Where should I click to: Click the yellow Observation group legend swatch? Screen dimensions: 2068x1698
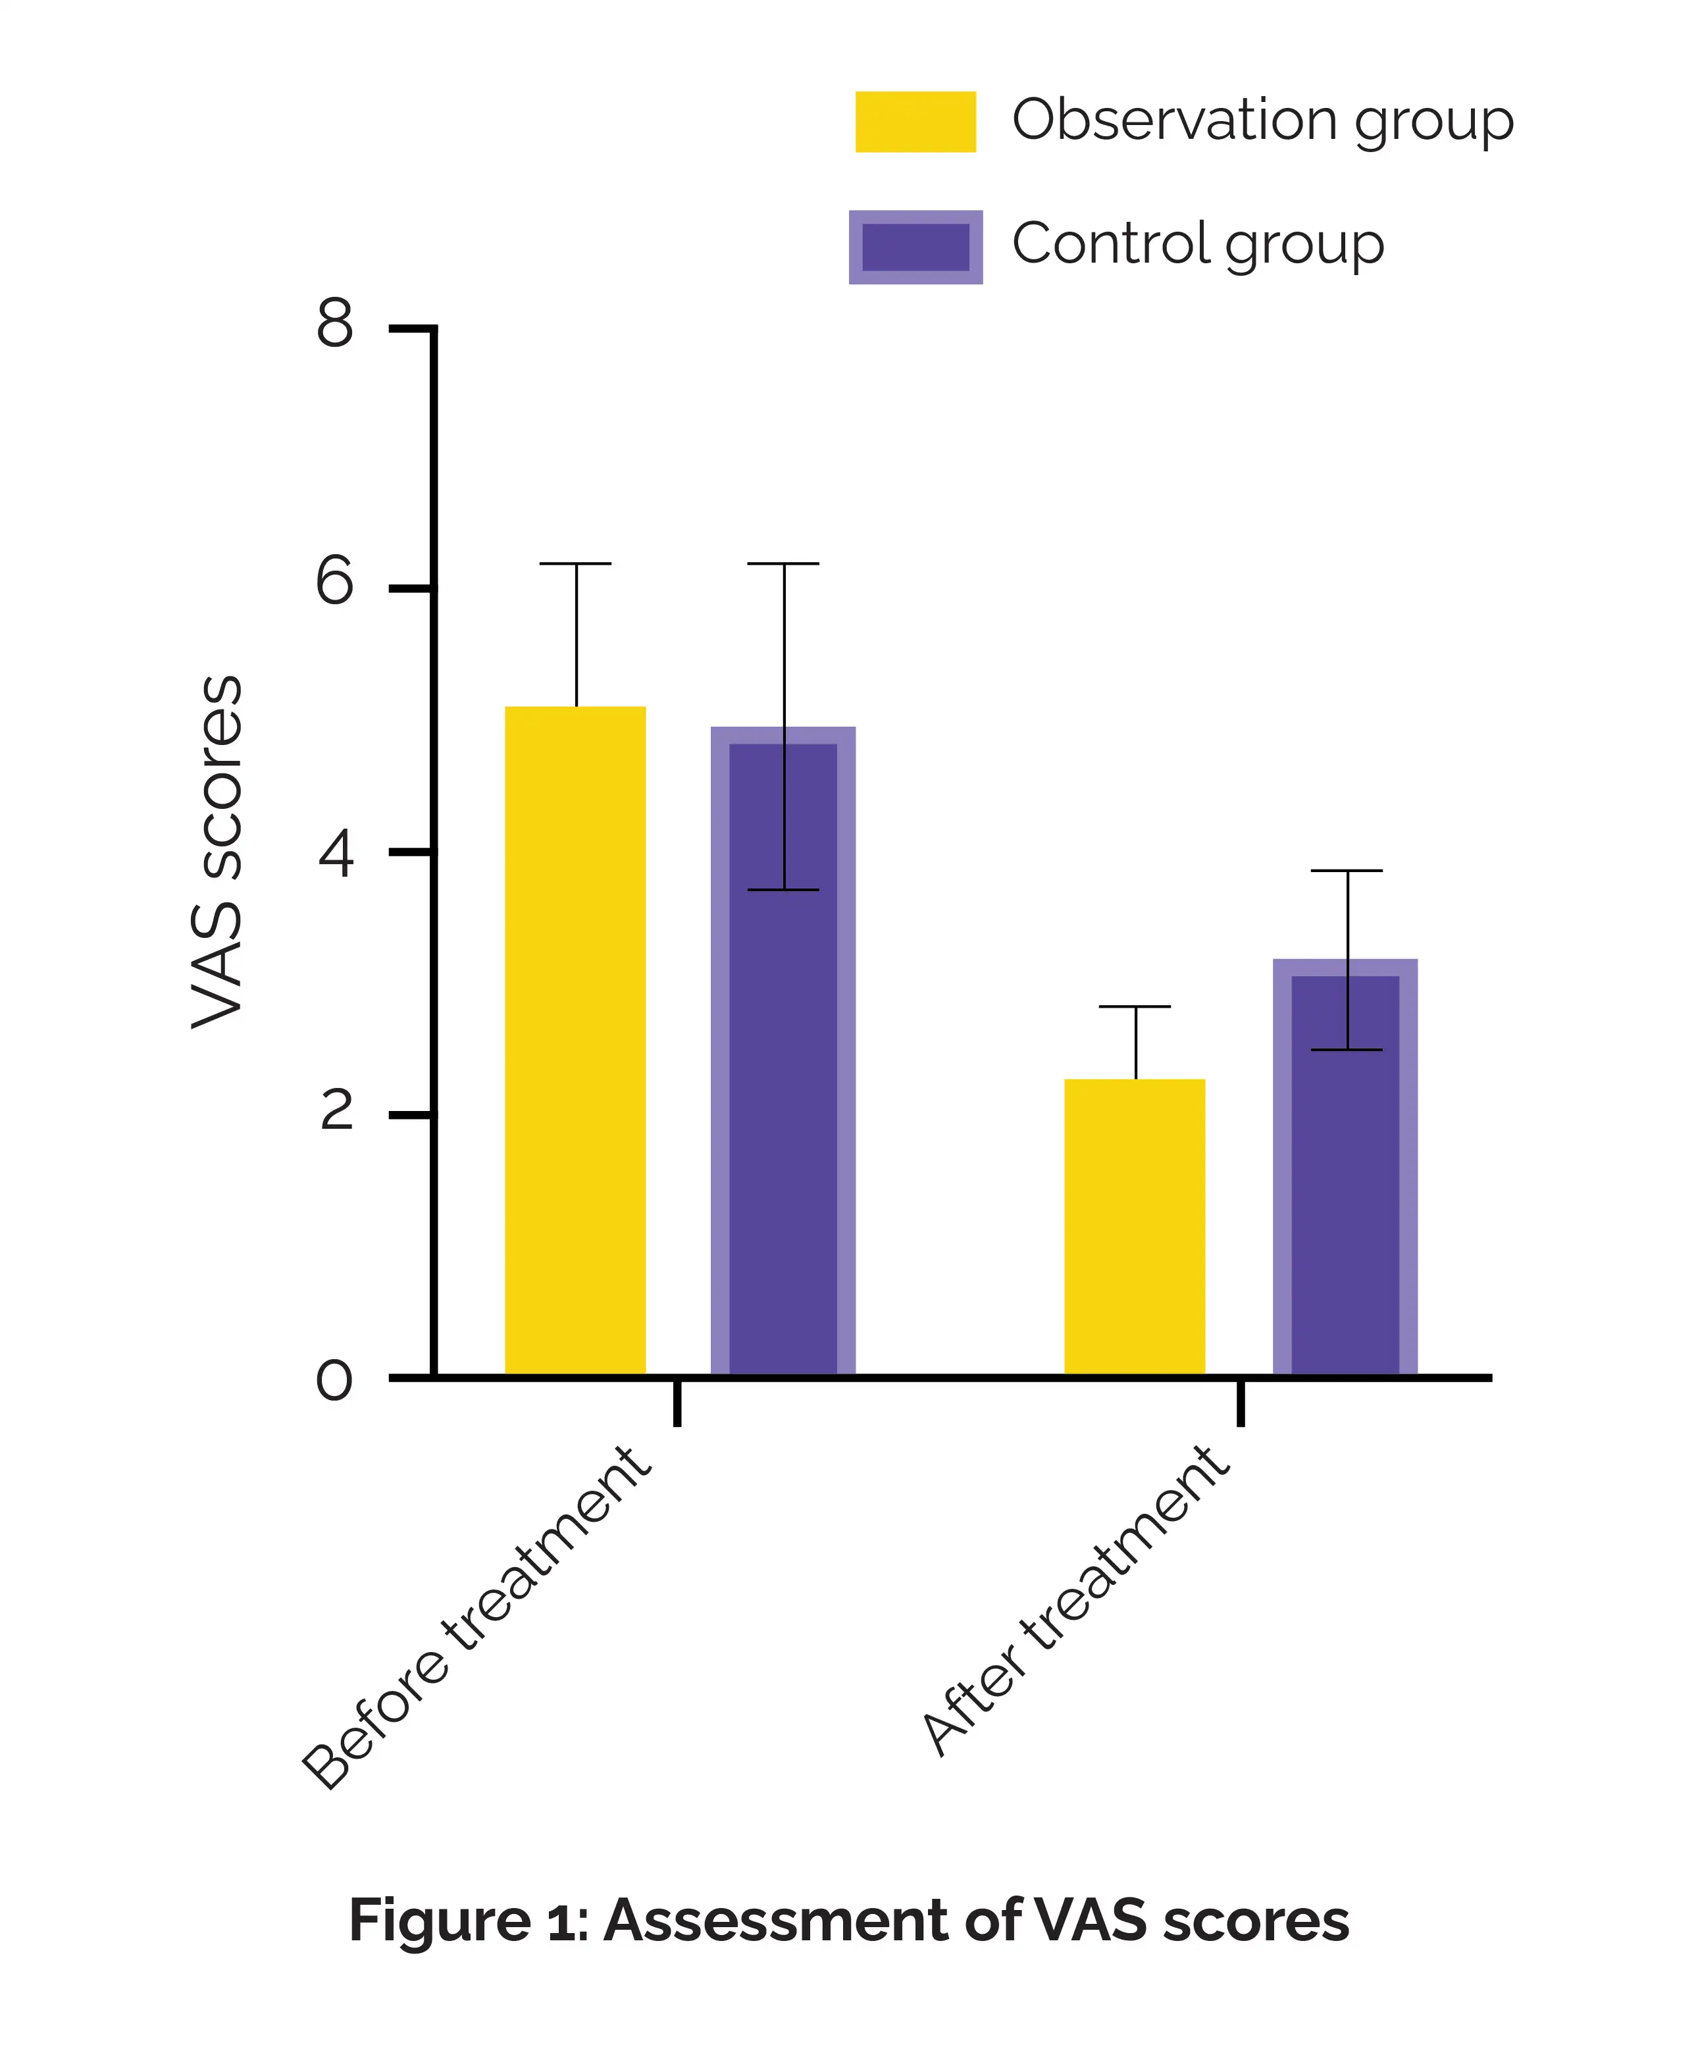pos(915,121)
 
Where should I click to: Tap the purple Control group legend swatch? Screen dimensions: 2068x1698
pos(915,247)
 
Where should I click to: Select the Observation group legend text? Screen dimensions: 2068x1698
pos(1262,121)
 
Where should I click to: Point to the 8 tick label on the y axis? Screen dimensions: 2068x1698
pos(334,324)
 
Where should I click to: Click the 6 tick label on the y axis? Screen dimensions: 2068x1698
pos(334,584)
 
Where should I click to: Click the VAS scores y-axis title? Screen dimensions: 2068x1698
pos(217,851)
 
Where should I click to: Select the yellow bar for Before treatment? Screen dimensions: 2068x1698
pos(575,1042)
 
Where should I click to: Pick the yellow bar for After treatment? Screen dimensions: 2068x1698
pos(1135,1228)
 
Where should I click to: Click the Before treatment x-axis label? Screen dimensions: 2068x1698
pos(476,1619)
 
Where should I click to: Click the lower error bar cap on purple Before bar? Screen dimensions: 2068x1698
pos(783,891)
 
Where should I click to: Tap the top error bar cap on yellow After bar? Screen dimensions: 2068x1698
pos(1135,1006)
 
